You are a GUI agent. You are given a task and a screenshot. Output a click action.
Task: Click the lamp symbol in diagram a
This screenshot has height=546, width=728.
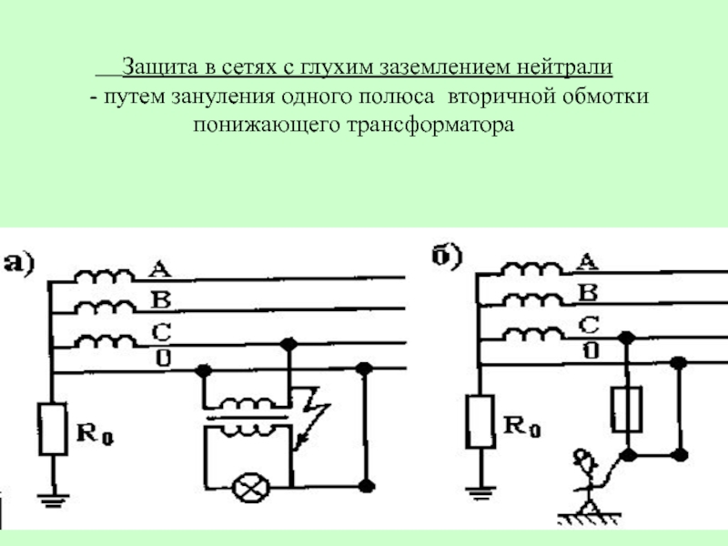pos(251,488)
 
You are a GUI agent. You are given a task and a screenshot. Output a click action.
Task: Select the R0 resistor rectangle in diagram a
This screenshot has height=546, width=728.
pos(52,429)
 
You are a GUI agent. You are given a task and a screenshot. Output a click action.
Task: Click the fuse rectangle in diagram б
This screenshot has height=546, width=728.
pos(627,409)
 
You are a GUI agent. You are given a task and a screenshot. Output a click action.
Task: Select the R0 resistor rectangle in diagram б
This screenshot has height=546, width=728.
pos(480,421)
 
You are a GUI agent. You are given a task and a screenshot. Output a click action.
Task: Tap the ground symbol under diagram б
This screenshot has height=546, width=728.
pos(480,493)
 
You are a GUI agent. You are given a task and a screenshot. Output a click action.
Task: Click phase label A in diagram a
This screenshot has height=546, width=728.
pos(159,268)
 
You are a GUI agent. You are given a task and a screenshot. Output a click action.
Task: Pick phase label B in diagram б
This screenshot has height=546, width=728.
pos(588,293)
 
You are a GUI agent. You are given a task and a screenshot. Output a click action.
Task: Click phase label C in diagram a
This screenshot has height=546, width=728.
pos(161,332)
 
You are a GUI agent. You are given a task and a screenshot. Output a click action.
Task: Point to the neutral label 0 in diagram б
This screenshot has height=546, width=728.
pos(591,350)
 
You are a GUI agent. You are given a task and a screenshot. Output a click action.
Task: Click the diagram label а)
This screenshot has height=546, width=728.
pos(18,263)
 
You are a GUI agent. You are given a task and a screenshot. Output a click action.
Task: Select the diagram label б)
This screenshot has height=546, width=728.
pos(447,256)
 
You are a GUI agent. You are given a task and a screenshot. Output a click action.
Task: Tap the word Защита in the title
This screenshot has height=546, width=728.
pos(160,66)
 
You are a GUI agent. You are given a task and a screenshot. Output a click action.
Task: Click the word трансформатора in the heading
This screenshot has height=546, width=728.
pos(430,126)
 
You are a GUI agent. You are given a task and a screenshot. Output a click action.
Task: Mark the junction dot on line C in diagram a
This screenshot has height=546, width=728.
pos(288,345)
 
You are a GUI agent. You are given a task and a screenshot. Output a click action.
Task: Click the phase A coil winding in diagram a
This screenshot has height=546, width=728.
pos(104,276)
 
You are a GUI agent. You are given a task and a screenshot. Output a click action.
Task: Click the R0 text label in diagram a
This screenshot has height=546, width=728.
pos(95,434)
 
